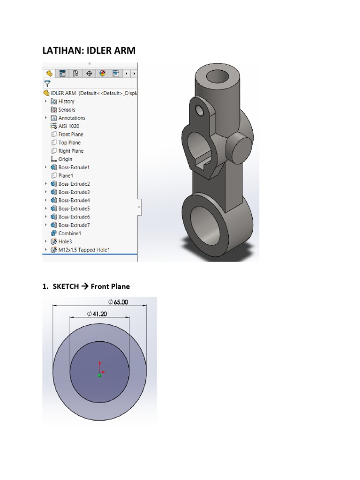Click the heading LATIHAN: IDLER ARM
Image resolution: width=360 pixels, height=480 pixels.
point(89,50)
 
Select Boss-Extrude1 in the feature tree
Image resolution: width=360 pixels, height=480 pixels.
point(74,167)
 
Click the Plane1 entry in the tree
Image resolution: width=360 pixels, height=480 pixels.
point(66,175)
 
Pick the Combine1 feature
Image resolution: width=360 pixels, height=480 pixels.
point(69,233)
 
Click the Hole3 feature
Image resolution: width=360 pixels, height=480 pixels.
point(66,241)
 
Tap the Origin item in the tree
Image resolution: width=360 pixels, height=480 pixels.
point(65,159)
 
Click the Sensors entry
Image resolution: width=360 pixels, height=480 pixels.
point(67,110)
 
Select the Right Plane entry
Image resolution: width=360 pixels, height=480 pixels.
point(71,151)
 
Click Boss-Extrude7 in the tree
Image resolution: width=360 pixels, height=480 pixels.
point(74,225)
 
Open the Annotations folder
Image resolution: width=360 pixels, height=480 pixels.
point(71,118)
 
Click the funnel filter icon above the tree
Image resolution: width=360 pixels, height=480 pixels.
point(47,83)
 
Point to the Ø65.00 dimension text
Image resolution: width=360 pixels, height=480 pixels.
point(118,302)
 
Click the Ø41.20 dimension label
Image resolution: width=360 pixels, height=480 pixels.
point(97,314)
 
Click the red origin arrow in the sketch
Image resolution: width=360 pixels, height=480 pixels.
point(99,366)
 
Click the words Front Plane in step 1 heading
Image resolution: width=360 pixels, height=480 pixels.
point(110,286)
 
